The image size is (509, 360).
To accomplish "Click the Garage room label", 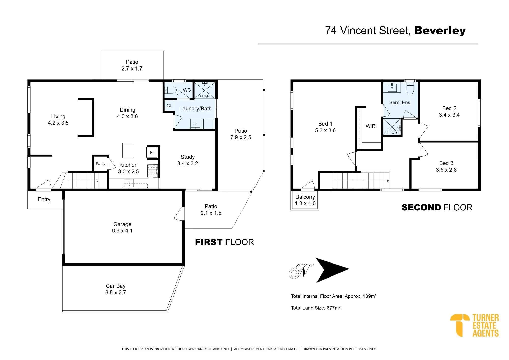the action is [x=122, y=224].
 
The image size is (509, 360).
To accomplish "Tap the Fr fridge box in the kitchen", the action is [x=152, y=153].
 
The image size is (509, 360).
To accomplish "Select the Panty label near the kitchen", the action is [x=101, y=164].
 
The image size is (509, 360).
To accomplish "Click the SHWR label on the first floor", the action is [x=205, y=96].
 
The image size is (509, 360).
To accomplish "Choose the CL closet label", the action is [x=169, y=106].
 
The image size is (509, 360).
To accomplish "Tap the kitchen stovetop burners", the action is [x=153, y=171].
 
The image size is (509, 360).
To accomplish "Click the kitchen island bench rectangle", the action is [x=128, y=150].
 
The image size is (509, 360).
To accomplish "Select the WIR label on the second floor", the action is [x=371, y=126].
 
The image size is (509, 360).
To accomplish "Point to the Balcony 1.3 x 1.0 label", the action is [x=305, y=200].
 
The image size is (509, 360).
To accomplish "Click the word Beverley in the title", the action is [x=440, y=31].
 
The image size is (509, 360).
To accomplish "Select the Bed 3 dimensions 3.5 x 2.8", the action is [x=446, y=170].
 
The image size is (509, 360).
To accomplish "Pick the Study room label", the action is [x=188, y=157].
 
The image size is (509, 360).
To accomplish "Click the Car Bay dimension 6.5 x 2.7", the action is [x=116, y=293].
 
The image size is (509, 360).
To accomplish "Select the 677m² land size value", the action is [x=334, y=308].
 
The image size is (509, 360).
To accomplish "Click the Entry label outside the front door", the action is [x=44, y=199].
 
